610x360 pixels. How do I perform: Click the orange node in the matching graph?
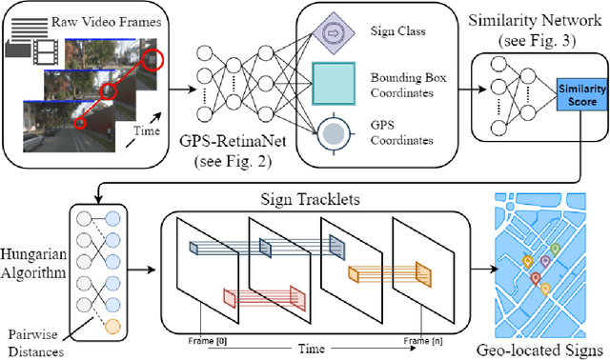click(113, 327)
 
